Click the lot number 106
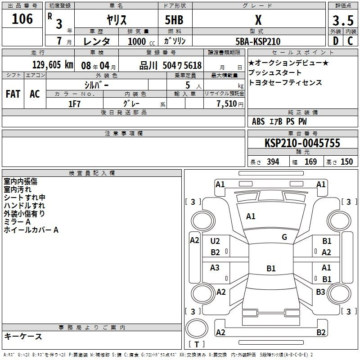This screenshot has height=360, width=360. coord(22,18)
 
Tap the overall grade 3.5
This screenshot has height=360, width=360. coord(343,20)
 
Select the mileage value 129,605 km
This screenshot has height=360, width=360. coord(53,65)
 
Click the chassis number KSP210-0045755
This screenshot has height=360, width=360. coord(302,143)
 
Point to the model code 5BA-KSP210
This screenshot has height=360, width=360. coord(258,41)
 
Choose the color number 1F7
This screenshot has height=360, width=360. coord(74,104)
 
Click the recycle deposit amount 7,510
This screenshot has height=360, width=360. coord(227,104)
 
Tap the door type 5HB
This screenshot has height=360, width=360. coord(174,20)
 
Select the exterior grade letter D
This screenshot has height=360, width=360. coord(336,41)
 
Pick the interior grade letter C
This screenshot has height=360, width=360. coord(350,41)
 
